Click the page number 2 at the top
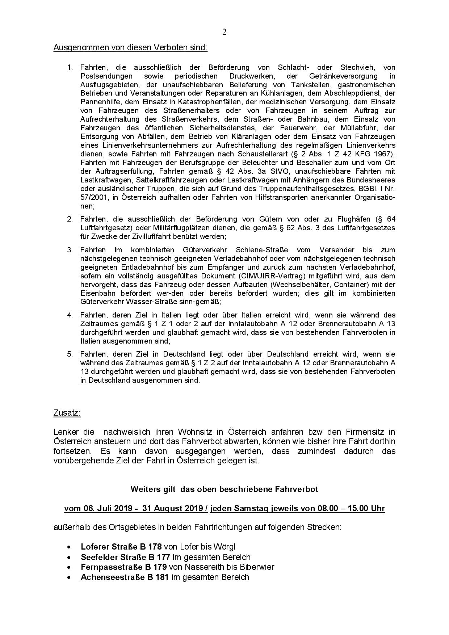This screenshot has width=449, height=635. (224, 32)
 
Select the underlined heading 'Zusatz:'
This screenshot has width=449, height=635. (67, 413)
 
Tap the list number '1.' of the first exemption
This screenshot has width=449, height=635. (70, 67)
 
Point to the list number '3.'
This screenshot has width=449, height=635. (70, 250)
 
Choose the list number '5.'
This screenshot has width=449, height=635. (70, 354)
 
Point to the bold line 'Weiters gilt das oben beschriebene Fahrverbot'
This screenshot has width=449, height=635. (224, 489)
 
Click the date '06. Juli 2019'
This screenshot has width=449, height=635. (108, 509)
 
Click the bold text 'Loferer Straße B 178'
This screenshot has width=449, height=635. (121, 547)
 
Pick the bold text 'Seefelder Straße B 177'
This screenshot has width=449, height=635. (125, 557)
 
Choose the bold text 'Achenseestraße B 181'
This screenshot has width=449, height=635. (125, 577)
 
